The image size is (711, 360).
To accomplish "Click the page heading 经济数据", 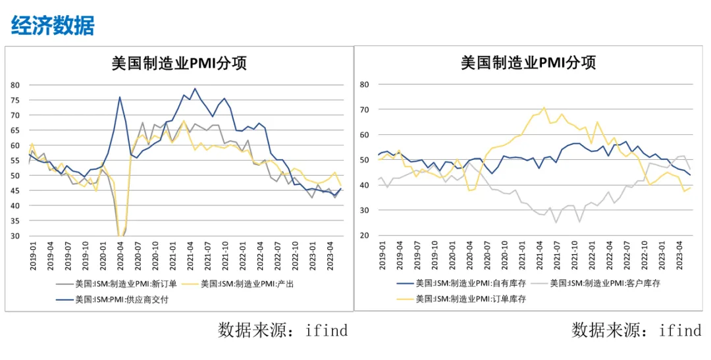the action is (53, 25).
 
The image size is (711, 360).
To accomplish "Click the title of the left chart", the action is (179, 63).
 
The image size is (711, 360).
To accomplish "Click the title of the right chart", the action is (528, 62).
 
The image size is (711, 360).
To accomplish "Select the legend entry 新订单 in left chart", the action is (117, 284).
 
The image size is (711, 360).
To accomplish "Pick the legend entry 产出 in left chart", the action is (238, 284).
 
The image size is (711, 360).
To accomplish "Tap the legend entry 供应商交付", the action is (113, 299).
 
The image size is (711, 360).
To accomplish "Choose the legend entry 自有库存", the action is (461, 284).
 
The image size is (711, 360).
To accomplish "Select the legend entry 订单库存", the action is (461, 299).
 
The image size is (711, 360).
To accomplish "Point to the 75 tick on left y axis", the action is (15, 100).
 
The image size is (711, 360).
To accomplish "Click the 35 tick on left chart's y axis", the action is (15, 221).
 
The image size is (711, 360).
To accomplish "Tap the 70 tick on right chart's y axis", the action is (364, 110).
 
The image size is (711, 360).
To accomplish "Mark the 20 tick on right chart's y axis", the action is (364, 236).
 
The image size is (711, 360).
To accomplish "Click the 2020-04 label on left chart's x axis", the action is (120, 256).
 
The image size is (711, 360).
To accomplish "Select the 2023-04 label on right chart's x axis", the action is (679, 255).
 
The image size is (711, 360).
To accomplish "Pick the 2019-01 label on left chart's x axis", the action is (33, 256).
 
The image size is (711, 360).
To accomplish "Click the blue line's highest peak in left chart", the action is (195, 88).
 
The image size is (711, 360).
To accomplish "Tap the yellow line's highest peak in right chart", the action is (544, 107).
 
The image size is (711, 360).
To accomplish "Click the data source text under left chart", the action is (283, 330).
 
